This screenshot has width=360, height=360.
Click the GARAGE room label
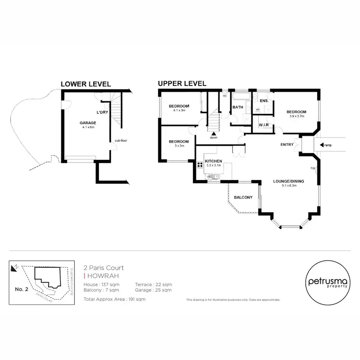coord(87,123)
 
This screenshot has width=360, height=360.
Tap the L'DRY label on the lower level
coord(102,112)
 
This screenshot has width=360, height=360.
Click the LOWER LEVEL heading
coord(85,84)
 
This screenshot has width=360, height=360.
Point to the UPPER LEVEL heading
coord(182,84)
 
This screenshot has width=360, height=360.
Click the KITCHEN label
coord(213,161)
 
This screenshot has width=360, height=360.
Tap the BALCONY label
coord(243,197)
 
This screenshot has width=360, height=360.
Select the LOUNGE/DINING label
coord(288,181)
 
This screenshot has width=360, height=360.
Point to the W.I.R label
coord(263,126)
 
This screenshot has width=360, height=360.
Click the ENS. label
coord(264,101)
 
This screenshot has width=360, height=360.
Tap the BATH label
coord(238,108)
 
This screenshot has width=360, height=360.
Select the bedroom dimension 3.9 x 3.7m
coord(297,116)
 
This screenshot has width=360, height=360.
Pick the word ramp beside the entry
coord(328,145)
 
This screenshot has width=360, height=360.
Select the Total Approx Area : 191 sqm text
coord(114,299)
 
